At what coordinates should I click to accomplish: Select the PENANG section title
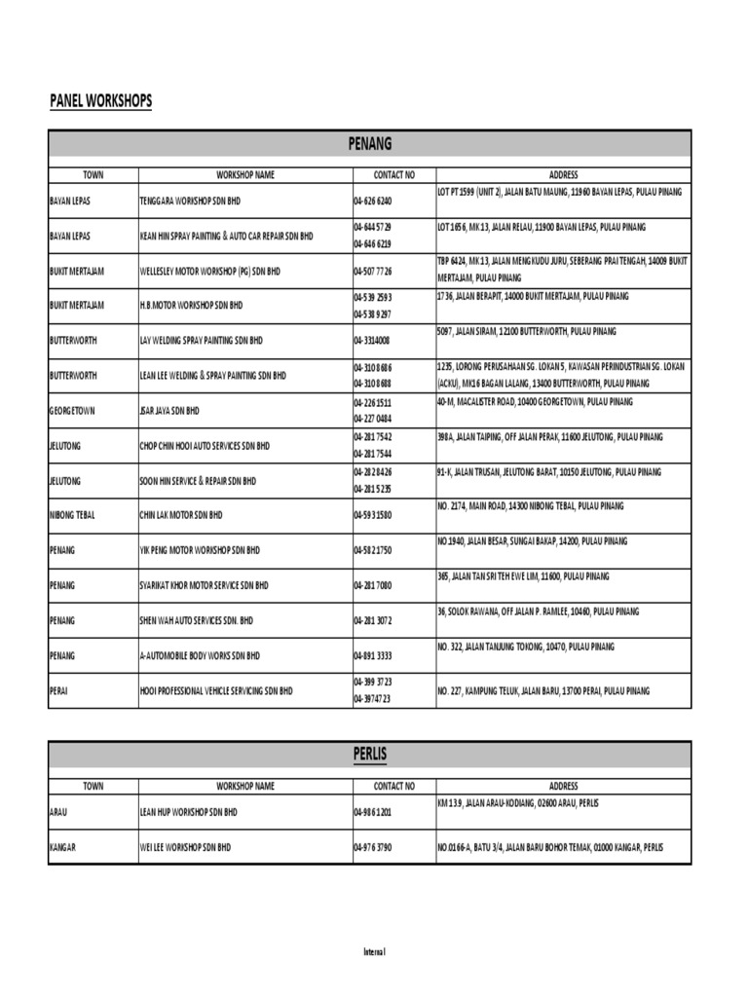369,144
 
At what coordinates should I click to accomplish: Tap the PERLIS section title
369,754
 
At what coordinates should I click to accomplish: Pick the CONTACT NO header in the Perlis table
393,786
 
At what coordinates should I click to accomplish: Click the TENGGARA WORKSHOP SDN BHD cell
190,201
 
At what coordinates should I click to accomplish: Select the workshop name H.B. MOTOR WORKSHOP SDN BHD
191,305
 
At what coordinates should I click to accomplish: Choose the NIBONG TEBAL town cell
72,514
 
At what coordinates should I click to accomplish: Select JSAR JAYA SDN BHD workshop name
169,410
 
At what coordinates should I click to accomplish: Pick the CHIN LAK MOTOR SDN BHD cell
181,514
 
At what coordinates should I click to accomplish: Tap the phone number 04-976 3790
373,847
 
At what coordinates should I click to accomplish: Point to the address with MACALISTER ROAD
535,401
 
